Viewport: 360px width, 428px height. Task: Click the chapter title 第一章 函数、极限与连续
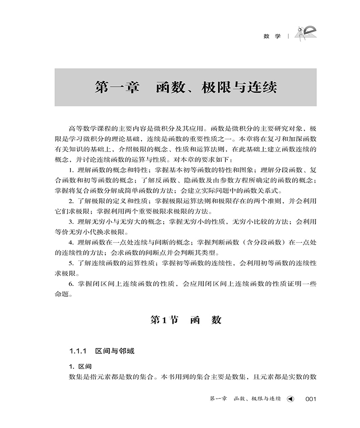185,87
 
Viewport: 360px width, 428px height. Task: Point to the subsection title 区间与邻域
115,351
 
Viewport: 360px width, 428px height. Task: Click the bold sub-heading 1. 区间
80,366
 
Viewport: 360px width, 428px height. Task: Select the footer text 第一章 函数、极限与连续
245,399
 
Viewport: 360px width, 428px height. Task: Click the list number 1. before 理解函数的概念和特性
72,169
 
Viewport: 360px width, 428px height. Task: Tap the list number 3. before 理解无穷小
72,222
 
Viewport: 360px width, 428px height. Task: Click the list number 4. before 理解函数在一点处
72,242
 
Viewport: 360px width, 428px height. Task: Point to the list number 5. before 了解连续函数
72,263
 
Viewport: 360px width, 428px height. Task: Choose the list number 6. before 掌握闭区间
72,284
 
